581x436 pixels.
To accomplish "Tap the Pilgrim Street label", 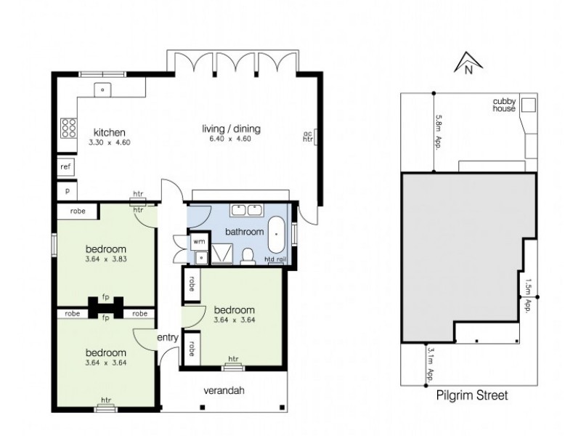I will coord(472,396).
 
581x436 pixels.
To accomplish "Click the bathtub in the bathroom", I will coord(277,230).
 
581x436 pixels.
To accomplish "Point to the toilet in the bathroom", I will coord(248,255).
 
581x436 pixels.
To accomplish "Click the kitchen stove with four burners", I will coord(70,129).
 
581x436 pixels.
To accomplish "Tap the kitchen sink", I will coord(104,90).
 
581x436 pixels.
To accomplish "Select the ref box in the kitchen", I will coord(65,166).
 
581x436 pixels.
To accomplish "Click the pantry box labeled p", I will coord(67,190).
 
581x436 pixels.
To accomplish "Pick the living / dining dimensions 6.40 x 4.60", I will coord(231,141).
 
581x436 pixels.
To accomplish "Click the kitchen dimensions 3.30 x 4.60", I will coord(109,143).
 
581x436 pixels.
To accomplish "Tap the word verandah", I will coord(224,391).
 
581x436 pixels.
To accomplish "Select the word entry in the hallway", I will coord(166,339).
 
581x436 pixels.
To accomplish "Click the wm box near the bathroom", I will coord(198,241).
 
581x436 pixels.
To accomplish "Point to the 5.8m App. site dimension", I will coord(439,131).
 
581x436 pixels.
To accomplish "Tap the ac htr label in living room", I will coord(307,137).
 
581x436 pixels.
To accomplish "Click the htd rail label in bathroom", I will coord(277,259).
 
